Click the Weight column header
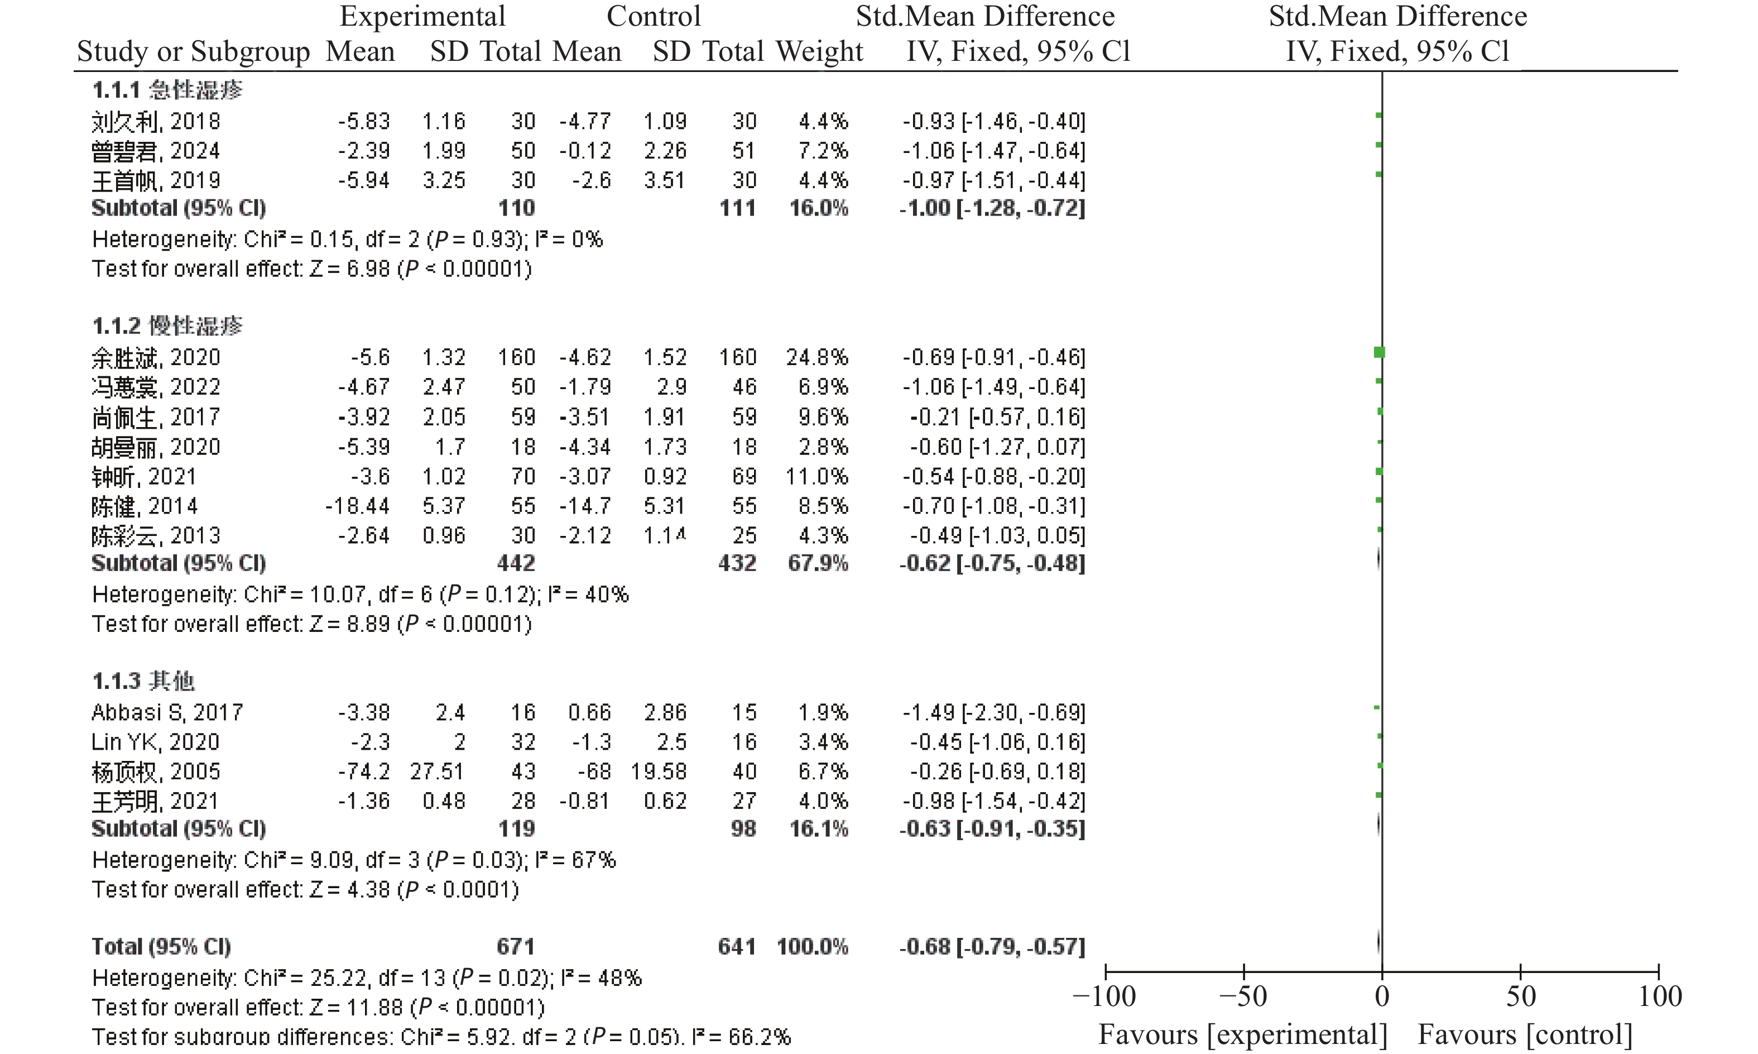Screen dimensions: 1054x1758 tap(819, 51)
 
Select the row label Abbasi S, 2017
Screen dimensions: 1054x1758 tap(167, 712)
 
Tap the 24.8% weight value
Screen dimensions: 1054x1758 tap(816, 357)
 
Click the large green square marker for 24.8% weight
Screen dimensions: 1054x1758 tap(1379, 352)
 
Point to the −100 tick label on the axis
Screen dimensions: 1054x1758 tap(1105, 996)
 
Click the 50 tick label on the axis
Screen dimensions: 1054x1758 tap(1521, 996)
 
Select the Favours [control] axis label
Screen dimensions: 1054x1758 tap(1525, 1035)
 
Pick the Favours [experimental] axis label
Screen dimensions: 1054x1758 tap(1242, 1035)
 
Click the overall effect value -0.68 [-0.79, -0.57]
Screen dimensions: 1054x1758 tap(993, 946)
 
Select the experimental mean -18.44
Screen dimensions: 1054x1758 tap(357, 506)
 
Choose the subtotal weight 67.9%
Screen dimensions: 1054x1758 tap(818, 563)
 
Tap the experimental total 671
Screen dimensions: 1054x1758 tap(516, 946)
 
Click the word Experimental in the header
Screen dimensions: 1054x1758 tap(422, 16)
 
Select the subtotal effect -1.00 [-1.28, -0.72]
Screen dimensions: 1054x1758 tap(993, 208)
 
